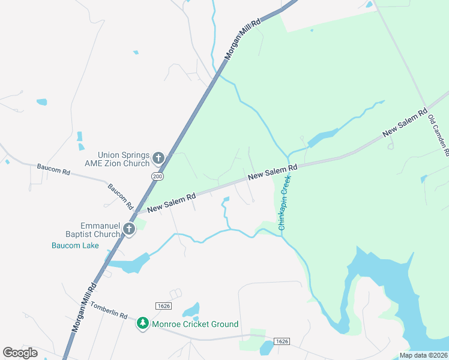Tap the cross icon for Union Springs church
(158, 158)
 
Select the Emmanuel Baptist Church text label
(89, 230)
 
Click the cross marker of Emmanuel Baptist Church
(129, 228)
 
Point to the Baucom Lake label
(75, 245)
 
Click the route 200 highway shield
(157, 176)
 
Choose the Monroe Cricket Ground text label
(195, 324)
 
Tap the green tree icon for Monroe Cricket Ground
(143, 324)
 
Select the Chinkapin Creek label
(284, 203)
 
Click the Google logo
(20, 353)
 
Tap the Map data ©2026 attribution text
(424, 355)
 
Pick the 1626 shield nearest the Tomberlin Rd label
(163, 306)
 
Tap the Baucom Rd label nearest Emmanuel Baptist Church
(120, 196)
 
